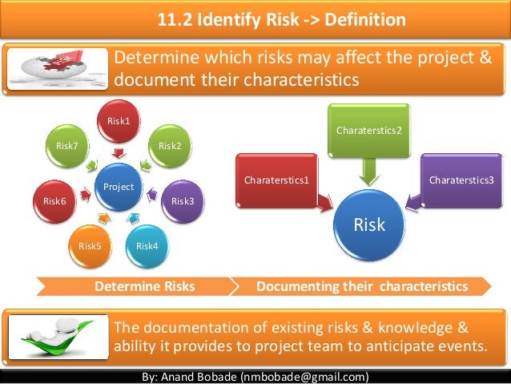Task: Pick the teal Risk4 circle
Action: coord(147,245)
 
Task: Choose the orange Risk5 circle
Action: coord(90,245)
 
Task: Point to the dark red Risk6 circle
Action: coord(54,200)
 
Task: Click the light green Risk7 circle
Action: coord(66,145)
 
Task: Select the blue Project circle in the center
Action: coord(119,186)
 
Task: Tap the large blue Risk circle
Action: coord(369,224)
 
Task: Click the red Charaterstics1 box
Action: coord(278,180)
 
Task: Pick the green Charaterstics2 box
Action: coord(368,130)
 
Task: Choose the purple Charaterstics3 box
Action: coord(461,180)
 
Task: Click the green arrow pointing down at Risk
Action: coord(369,170)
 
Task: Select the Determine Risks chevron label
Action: coord(145,286)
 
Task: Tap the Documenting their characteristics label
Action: coord(361,286)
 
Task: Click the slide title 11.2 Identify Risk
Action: coord(280,19)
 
